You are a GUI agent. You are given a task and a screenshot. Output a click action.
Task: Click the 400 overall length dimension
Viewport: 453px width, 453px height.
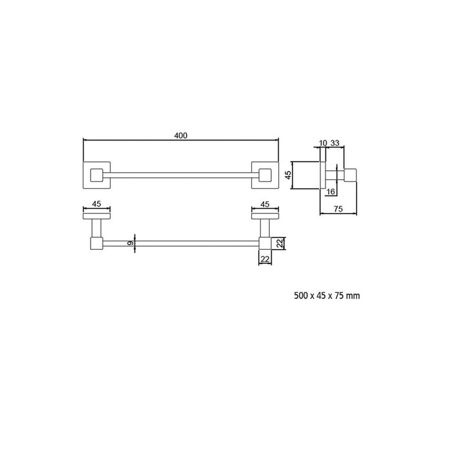point(181,135)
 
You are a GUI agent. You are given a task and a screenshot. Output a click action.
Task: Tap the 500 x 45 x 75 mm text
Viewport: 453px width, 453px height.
point(327,296)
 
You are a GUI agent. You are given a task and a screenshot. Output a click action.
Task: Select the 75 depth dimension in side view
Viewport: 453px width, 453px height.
point(338,208)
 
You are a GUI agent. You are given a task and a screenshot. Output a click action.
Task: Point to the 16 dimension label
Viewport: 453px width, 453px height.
point(331,192)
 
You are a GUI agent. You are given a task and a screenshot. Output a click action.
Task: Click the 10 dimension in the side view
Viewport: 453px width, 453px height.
point(323,143)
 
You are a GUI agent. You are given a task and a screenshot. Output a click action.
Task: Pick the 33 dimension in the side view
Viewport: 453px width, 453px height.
point(335,143)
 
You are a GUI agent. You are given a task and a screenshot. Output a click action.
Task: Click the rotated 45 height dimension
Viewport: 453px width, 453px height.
point(289,175)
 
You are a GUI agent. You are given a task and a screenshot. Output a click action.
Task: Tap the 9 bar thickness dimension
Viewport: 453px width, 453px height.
point(130,243)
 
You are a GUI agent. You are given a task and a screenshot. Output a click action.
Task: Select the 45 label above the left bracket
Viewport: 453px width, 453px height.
point(96,204)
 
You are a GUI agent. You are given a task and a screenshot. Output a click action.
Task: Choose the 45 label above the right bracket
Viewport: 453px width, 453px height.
point(265,204)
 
